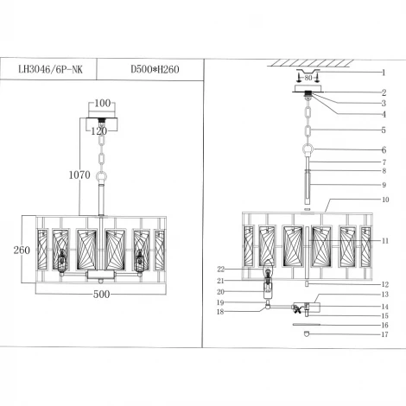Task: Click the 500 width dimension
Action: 102,294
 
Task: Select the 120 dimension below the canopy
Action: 100,131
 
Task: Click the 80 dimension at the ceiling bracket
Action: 308,78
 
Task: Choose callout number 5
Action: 382,130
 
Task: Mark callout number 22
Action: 222,270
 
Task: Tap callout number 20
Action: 222,291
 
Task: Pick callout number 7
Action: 382,162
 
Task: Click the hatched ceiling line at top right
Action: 308,62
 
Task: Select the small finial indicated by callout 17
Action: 308,335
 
